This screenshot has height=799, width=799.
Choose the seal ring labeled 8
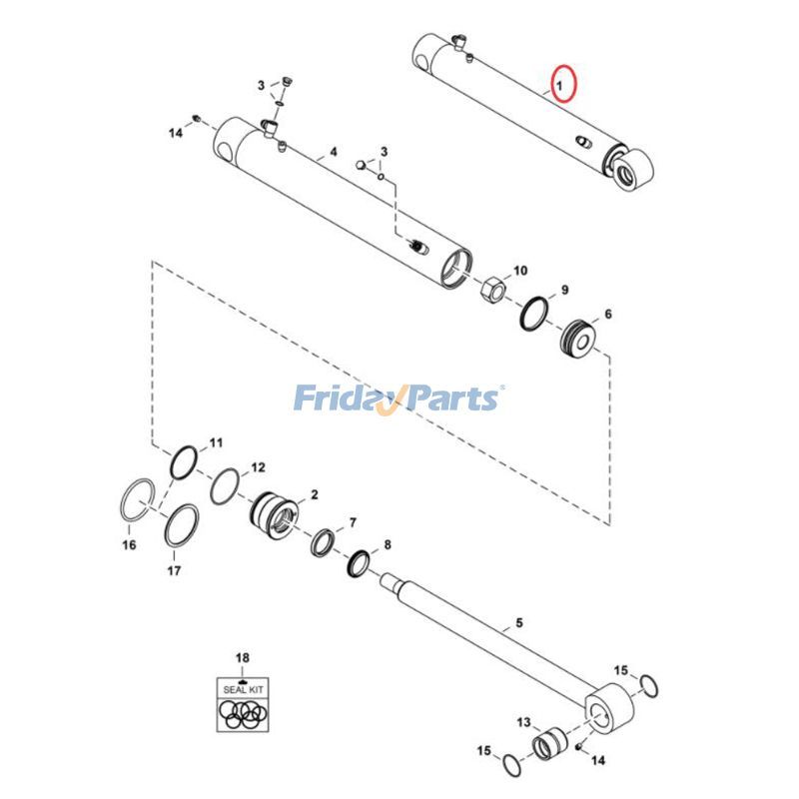tap(360, 566)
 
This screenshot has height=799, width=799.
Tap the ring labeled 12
tap(226, 485)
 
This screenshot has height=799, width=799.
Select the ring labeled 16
tap(137, 498)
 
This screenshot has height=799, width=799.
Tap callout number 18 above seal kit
tap(242, 657)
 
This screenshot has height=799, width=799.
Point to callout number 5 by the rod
tap(519, 624)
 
